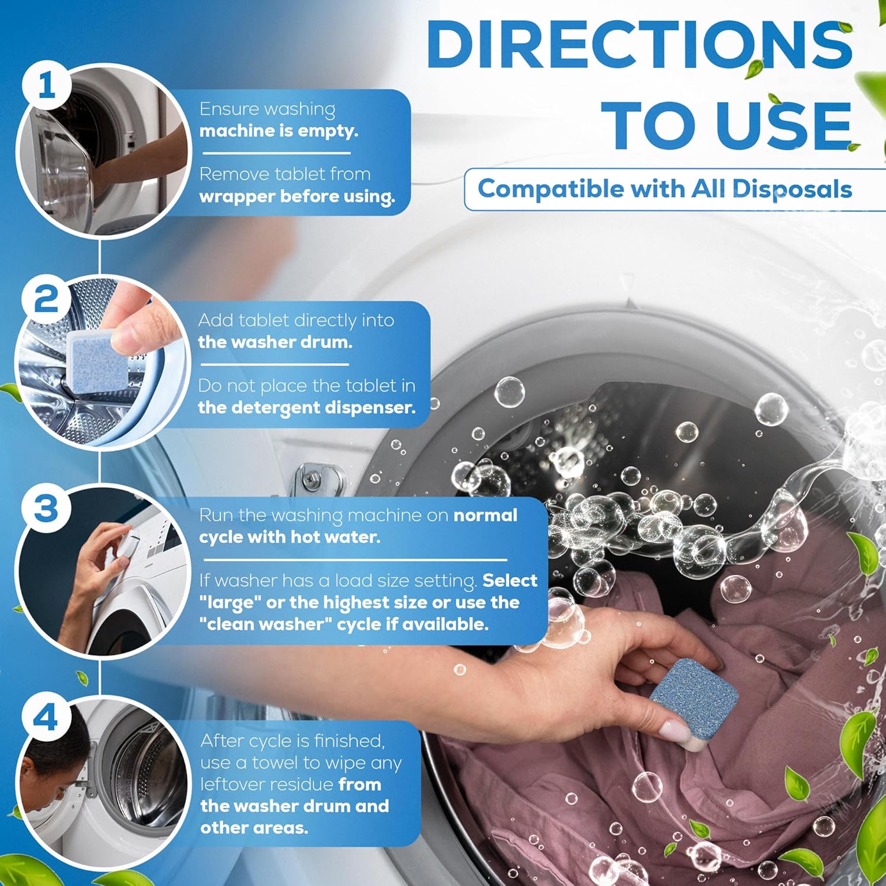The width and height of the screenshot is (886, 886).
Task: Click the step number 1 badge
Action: [x=46, y=86]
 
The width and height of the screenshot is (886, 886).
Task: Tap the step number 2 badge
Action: [x=46, y=299]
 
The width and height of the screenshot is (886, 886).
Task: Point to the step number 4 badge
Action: [x=46, y=717]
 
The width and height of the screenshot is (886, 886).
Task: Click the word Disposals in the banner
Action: [x=791, y=189]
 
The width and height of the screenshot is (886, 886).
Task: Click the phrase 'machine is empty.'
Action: [x=279, y=131]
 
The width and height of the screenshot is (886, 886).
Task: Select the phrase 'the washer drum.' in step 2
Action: [x=275, y=342]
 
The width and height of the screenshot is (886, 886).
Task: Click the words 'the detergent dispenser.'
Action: [x=307, y=408]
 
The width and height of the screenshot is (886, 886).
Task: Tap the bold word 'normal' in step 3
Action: [x=485, y=515]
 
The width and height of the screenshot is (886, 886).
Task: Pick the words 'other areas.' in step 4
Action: [x=254, y=828]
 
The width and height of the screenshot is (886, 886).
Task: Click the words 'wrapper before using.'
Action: [x=297, y=197]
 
